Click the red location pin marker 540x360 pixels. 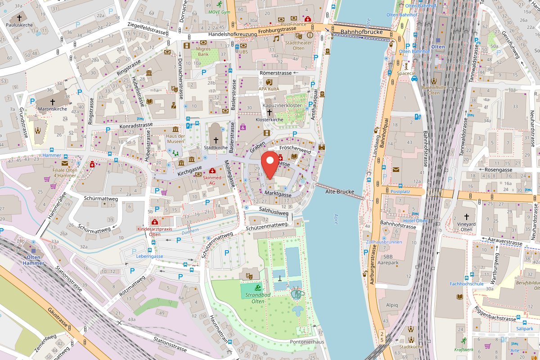[270, 164]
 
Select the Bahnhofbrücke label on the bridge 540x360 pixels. [361, 32]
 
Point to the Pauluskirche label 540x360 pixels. [19, 25]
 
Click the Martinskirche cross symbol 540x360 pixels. [52, 102]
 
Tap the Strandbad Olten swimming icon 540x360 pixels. [257, 288]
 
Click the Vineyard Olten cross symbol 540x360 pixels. [466, 217]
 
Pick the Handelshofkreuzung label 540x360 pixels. [233, 34]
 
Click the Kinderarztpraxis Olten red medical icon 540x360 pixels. [155, 222]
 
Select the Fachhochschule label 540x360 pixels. [466, 284]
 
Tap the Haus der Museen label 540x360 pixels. [175, 139]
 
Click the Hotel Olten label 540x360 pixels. [415, 220]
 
